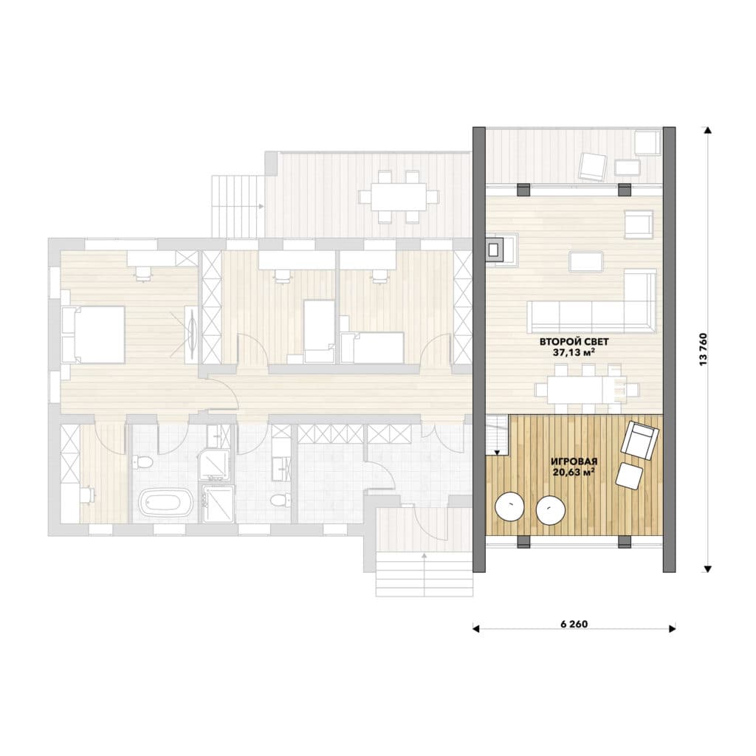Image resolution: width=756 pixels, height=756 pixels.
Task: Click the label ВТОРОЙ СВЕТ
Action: pyautogui.click(x=574, y=341)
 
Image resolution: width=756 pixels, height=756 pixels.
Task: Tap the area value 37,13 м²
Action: pyautogui.click(x=573, y=352)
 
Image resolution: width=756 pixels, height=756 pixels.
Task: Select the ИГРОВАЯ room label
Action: pyautogui.click(x=574, y=461)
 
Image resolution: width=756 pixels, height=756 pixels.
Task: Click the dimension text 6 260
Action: pyautogui.click(x=574, y=624)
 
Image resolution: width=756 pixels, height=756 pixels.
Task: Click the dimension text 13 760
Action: pyautogui.click(x=703, y=349)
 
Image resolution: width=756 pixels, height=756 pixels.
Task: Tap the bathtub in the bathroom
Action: pyautogui.click(x=166, y=503)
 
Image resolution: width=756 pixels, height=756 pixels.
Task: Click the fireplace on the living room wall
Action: pyautogui.click(x=494, y=250)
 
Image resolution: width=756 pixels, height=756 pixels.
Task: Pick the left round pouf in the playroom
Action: pyautogui.click(x=509, y=506)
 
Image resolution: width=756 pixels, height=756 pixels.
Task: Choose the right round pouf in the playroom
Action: pyautogui.click(x=551, y=510)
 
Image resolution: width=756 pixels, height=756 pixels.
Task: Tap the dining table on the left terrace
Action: pyautogui.click(x=398, y=196)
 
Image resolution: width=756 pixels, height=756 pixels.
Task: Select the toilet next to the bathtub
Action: pyautogui.click(x=142, y=464)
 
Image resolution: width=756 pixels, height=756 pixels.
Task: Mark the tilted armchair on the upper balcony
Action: pyautogui.click(x=593, y=167)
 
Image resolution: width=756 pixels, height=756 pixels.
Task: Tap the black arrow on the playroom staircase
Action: pyautogui.click(x=497, y=453)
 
